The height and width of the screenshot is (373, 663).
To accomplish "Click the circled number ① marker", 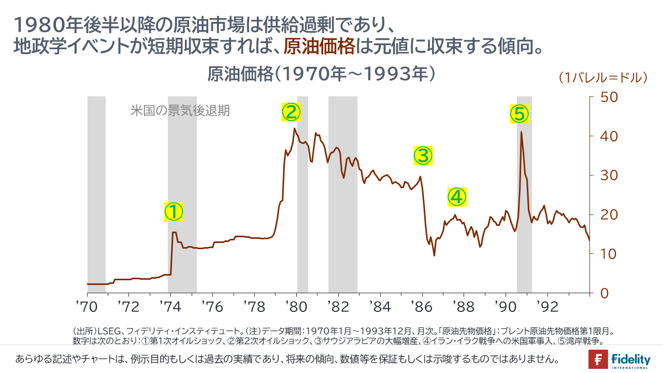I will coord(174,211).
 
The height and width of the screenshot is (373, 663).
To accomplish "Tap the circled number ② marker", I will coord(291,111).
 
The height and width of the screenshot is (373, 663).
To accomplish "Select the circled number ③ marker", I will coord(423,155).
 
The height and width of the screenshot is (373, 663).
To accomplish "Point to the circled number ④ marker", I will coord(457,196).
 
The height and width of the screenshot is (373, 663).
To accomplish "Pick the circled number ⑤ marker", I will coord(519,113).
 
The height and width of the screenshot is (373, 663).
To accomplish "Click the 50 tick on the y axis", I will coord(608,97).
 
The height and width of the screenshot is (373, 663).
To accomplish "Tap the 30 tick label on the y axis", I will coord(608,175).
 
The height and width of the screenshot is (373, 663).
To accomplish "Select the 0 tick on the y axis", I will coord(603,293).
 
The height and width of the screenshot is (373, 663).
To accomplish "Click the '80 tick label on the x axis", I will coord(296,307).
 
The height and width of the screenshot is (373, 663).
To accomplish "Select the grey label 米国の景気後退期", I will coord(180,110).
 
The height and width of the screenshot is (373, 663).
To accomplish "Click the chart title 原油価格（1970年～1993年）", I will coord(321,74).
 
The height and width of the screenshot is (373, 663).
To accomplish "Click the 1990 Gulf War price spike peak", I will coord(521,132).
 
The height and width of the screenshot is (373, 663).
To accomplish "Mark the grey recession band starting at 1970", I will coord(96,192).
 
